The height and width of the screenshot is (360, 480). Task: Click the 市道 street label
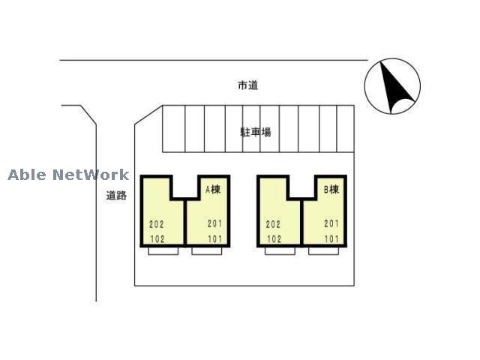(x=248, y=86)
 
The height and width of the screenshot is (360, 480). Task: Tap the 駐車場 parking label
(x=256, y=132)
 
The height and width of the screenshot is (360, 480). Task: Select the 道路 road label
(x=115, y=196)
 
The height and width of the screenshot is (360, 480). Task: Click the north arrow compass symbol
(x=392, y=86)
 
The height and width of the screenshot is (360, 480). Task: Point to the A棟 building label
(x=214, y=190)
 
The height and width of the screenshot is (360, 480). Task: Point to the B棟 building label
(x=331, y=190)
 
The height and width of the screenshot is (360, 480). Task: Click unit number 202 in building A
(x=157, y=223)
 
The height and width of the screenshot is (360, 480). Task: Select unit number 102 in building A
(x=157, y=239)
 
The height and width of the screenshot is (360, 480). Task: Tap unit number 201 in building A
(x=215, y=223)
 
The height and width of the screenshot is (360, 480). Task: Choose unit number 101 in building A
(x=215, y=239)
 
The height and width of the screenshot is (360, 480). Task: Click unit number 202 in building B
(x=273, y=223)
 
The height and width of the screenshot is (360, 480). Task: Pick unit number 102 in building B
(x=273, y=239)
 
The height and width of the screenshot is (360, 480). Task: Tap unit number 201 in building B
(x=331, y=223)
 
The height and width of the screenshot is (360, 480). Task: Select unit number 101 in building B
(x=331, y=239)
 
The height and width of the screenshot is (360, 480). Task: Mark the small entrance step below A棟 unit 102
(x=163, y=251)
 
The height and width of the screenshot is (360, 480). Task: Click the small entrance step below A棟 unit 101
(x=206, y=251)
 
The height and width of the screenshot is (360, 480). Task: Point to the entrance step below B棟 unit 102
(x=280, y=251)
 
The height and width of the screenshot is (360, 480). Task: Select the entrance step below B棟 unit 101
(x=322, y=251)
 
